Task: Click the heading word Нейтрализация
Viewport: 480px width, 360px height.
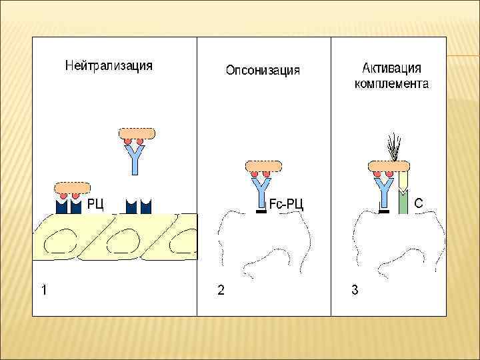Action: click(x=109, y=65)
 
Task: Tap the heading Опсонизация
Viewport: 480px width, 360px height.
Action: click(x=263, y=70)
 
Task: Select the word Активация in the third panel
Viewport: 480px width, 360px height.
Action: click(x=391, y=68)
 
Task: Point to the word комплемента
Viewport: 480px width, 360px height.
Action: click(x=391, y=84)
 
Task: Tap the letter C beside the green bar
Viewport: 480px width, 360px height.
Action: click(x=419, y=201)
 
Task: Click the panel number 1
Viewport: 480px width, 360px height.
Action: click(x=43, y=290)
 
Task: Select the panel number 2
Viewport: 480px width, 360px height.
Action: click(x=221, y=290)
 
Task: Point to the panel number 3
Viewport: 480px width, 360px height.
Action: click(x=355, y=290)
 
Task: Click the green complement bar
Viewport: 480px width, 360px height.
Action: click(x=403, y=200)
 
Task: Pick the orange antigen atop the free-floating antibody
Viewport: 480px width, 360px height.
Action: click(x=136, y=133)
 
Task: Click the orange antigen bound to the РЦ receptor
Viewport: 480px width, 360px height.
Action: click(x=72, y=187)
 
